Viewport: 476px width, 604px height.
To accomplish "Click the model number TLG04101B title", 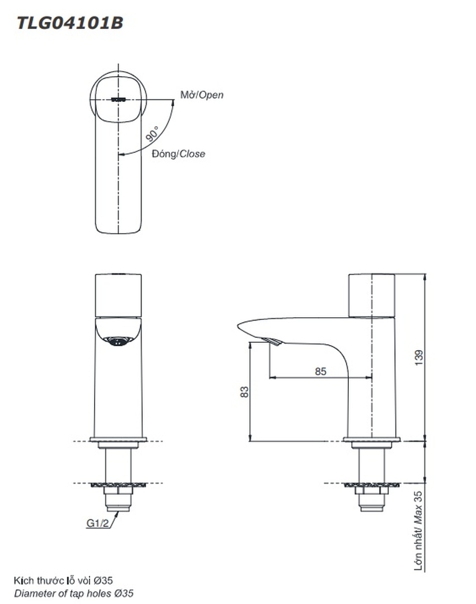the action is pyautogui.click(x=69, y=23).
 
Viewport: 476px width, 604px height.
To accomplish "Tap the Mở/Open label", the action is pyautogui.click(x=202, y=95).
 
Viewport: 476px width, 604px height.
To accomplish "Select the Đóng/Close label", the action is pyautogui.click(x=178, y=154).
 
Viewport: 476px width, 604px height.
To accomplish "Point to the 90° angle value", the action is pyautogui.click(x=152, y=133).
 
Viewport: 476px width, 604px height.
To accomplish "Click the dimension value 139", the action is pyautogui.click(x=419, y=357).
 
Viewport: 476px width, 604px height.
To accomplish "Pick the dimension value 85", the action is pyautogui.click(x=320, y=371).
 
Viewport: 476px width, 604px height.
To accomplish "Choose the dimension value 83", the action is pyautogui.click(x=245, y=392).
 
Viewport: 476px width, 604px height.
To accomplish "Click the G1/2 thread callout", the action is pyautogui.click(x=98, y=523).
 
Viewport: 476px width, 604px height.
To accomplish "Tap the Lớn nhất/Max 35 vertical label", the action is pyautogui.click(x=418, y=531).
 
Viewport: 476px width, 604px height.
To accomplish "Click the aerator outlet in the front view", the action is pyautogui.click(x=118, y=341).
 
